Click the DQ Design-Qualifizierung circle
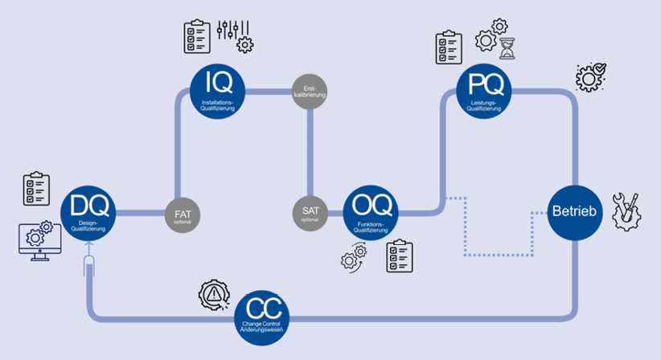tap(88, 212)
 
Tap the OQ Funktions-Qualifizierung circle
tap(371, 212)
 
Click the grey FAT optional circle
tap(183, 215)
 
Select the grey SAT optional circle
tap(310, 213)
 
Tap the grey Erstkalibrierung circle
tap(310, 90)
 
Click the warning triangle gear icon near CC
tap(212, 295)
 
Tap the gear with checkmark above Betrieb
tap(591, 77)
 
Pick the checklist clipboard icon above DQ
tap(37, 186)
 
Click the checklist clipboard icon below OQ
tap(399, 255)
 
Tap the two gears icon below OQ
tap(353, 257)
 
